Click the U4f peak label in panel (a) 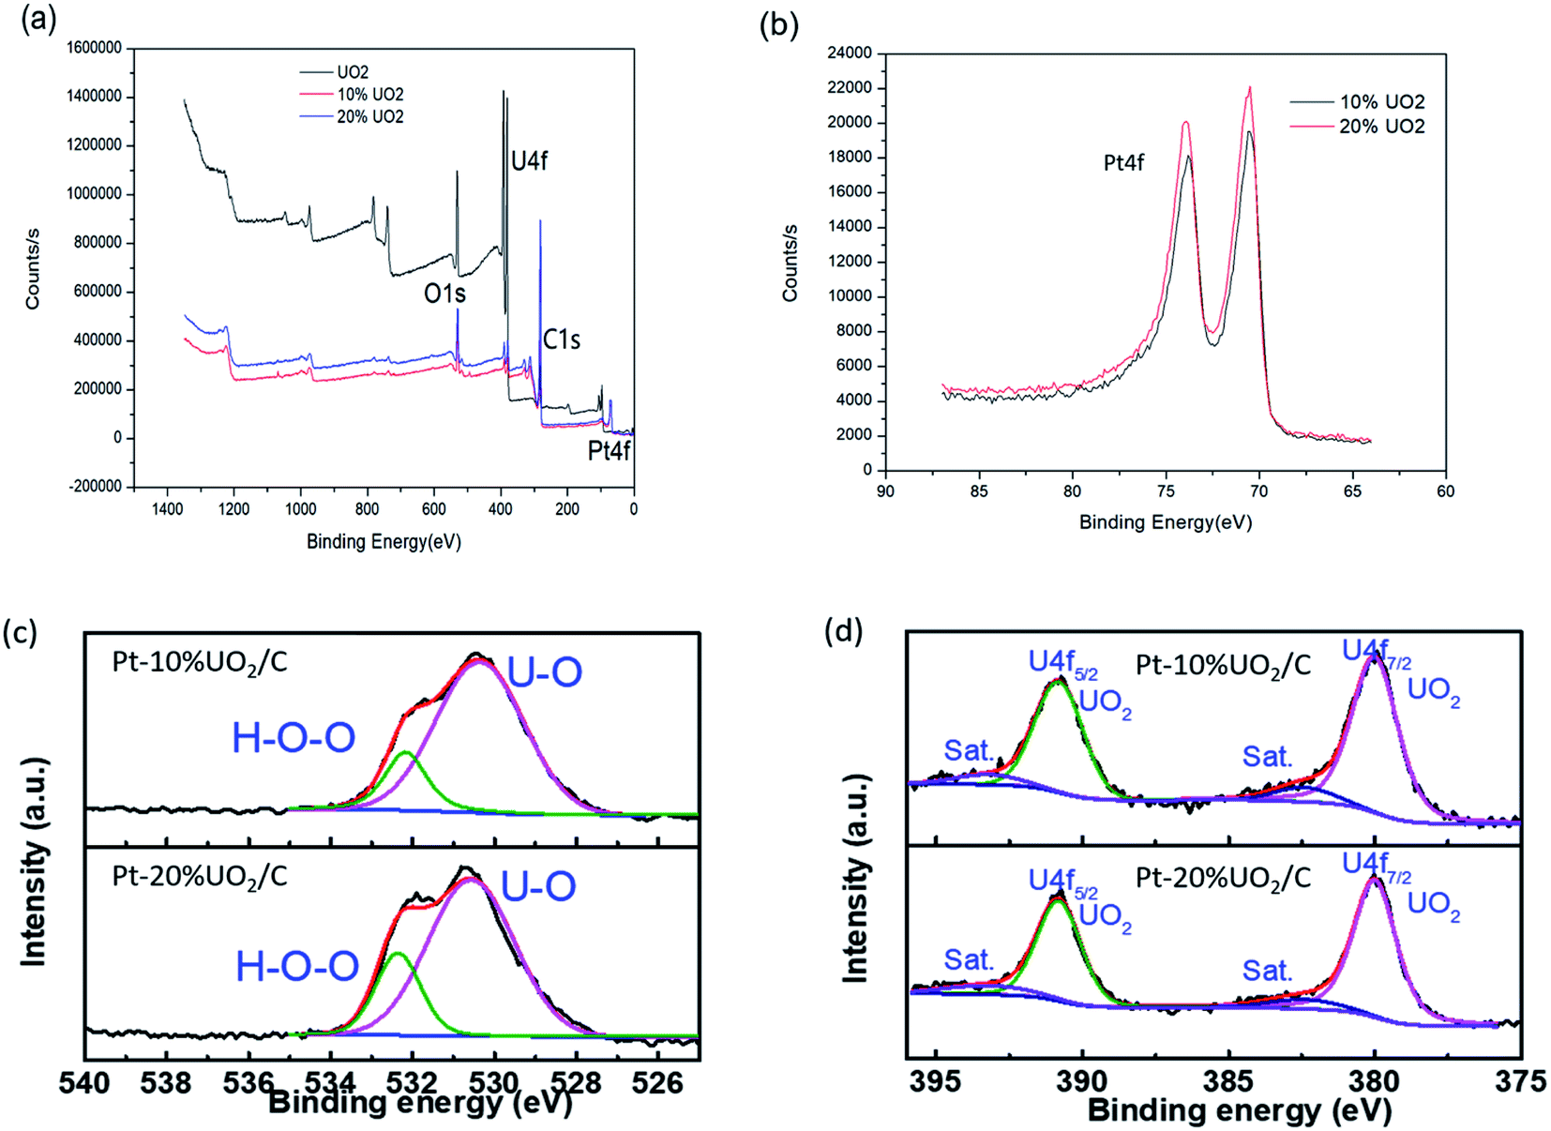point(529,161)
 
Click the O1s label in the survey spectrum point(444,294)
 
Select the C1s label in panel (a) point(561,339)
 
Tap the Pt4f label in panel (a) point(609,452)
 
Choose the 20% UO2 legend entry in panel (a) point(369,117)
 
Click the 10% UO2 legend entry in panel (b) point(1381,102)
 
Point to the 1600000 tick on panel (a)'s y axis point(94,48)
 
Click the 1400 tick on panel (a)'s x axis point(167,509)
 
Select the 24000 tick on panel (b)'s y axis point(849,53)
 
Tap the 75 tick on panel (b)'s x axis point(1166,491)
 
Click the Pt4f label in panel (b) point(1123,163)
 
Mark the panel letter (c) point(20,632)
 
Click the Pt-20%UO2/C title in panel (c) point(200,876)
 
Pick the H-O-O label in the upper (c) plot point(294,739)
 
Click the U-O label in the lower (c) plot point(538,886)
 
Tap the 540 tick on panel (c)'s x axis point(84,1083)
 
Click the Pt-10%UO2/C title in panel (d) point(1223,665)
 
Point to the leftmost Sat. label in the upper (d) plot point(968,750)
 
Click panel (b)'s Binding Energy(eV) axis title point(1165,522)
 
